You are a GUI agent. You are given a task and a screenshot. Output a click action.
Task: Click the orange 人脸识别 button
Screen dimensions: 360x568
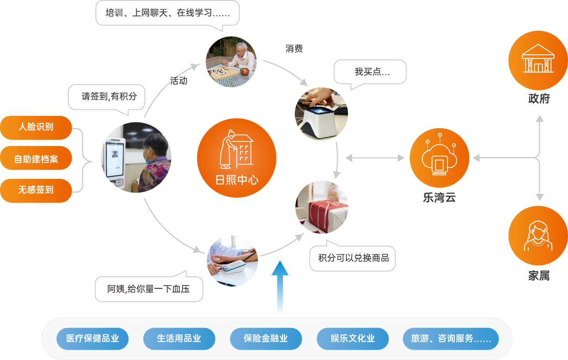tap(36, 127)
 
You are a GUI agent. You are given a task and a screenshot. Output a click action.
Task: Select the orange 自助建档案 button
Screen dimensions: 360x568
tap(36, 158)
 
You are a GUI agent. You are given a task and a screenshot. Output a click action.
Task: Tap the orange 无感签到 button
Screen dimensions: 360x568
tap(36, 190)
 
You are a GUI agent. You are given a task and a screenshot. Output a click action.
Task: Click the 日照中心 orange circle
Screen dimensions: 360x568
tap(236, 158)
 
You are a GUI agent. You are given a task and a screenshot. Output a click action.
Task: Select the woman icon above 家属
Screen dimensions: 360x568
tap(538, 235)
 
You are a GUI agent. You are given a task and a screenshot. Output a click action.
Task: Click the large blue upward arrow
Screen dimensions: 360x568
tap(280, 288)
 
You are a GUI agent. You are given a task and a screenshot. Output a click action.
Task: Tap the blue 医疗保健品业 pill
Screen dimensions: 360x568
tap(93, 339)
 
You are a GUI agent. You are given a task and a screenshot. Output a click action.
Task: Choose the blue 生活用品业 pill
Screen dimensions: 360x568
tap(179, 339)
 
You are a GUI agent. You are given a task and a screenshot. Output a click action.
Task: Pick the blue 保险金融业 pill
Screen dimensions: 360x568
tap(266, 339)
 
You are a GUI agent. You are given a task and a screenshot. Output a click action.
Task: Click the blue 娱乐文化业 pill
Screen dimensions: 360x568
tap(353, 339)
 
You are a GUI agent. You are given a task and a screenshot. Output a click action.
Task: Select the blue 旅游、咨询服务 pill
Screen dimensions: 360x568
tap(451, 339)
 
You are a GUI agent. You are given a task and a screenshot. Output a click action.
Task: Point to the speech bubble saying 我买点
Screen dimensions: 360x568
tap(370, 72)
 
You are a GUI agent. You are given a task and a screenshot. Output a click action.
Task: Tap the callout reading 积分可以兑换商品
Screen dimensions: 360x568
tap(353, 258)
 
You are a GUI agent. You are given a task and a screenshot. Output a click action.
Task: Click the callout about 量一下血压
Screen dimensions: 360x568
tap(149, 289)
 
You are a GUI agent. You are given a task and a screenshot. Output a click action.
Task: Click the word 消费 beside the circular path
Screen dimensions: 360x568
tap(294, 48)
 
